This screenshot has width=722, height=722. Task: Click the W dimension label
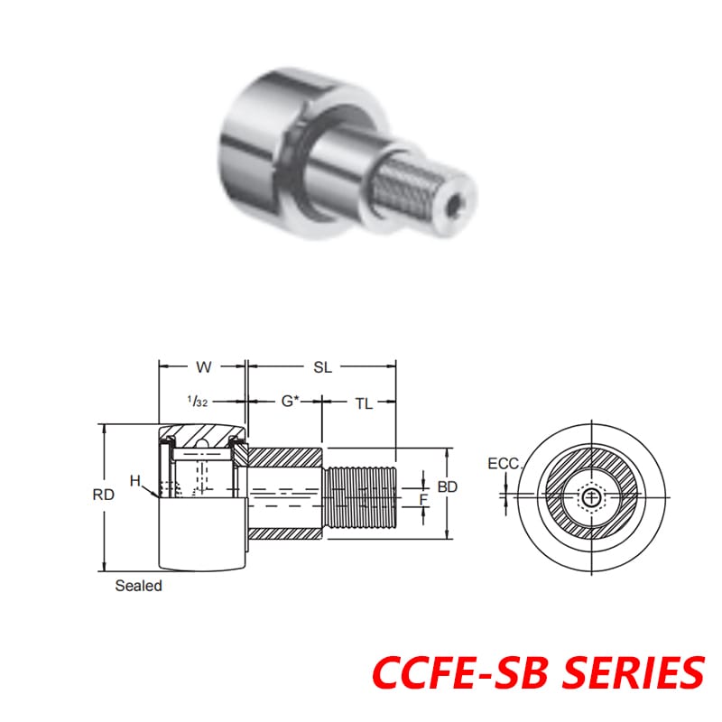203,367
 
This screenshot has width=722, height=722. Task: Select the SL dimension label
322,367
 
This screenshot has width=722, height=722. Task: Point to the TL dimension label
363,404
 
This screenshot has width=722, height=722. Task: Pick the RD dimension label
103,495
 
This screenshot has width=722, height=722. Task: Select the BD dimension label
448,486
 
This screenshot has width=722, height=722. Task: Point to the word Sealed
138,586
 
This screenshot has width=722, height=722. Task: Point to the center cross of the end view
592,496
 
